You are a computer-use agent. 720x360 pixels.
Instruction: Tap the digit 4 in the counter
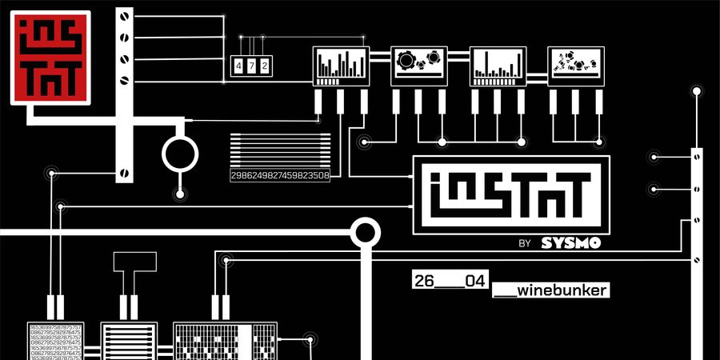click(x=238, y=66)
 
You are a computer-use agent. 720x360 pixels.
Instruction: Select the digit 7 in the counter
click(x=251, y=66)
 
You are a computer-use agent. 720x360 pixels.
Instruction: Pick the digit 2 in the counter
click(x=264, y=66)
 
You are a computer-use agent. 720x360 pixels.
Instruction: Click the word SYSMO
click(x=570, y=243)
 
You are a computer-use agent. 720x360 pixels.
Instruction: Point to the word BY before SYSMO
click(x=525, y=243)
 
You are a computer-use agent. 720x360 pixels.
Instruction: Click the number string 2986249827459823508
click(x=280, y=175)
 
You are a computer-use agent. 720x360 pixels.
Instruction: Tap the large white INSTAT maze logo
click(x=510, y=195)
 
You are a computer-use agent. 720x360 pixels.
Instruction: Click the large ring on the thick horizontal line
click(x=366, y=233)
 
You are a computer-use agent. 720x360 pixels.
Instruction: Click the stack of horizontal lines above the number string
click(x=280, y=150)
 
